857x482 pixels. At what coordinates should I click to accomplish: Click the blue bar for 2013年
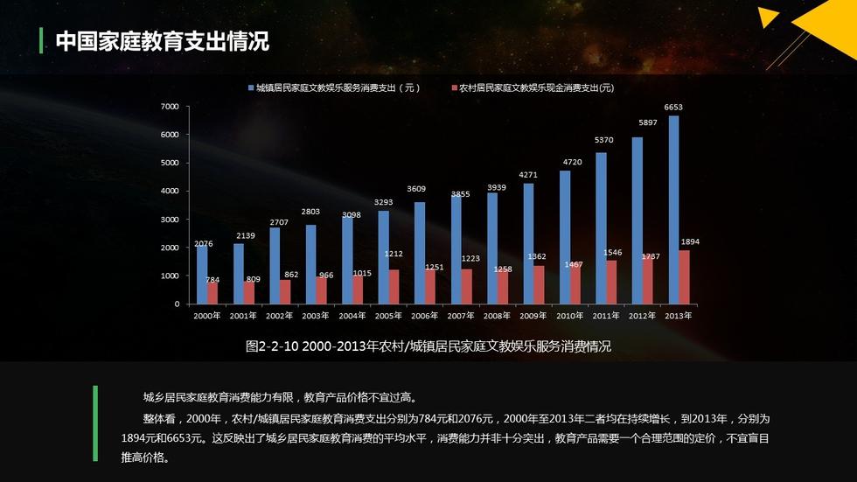tap(673, 210)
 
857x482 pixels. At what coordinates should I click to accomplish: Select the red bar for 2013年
tap(684, 277)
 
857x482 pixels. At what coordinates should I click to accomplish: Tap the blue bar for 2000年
tap(202, 274)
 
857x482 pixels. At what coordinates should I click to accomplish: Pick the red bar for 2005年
tap(394, 286)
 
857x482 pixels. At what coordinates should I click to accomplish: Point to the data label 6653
tap(673, 108)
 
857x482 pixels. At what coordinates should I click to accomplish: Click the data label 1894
tap(691, 241)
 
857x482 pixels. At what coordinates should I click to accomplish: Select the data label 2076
tap(203, 243)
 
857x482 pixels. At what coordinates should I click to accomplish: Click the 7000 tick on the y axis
tap(170, 107)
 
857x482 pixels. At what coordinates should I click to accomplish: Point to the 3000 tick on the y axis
tap(170, 220)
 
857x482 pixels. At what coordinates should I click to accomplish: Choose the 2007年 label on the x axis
tap(461, 316)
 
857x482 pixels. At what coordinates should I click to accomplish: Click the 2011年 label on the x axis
tap(607, 316)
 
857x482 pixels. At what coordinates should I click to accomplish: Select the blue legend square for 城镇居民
tap(250, 88)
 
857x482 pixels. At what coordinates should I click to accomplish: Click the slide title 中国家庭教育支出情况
tap(162, 41)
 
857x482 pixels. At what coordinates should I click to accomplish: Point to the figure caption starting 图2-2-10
tap(428, 346)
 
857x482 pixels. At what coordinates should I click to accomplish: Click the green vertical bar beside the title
tap(42, 40)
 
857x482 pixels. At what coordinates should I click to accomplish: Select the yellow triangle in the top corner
tap(768, 17)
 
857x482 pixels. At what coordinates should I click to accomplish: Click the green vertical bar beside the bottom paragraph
tap(95, 423)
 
